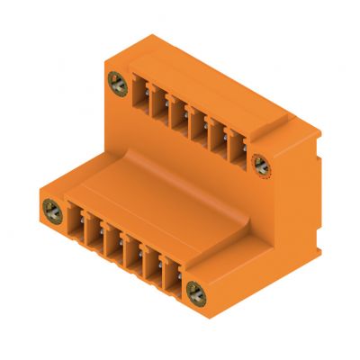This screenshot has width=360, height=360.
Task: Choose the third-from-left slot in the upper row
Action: [179, 112]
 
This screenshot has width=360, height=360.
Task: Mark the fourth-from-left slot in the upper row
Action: [198, 122]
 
